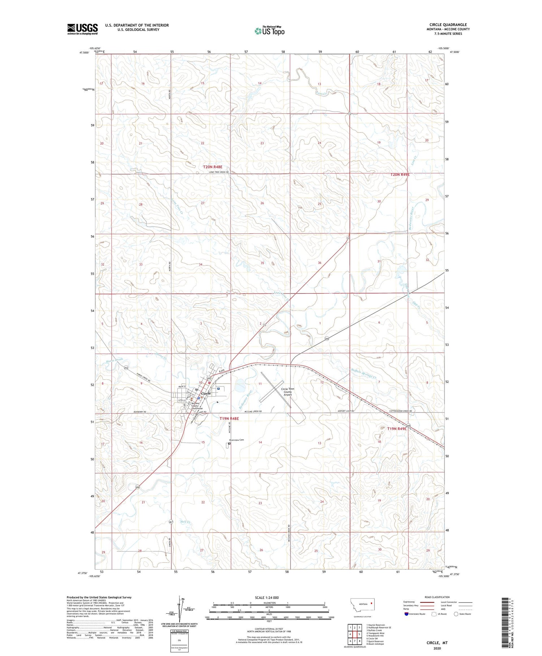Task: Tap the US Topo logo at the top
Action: [269, 31]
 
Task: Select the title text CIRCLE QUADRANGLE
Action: [448, 25]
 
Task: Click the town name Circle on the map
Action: [206, 393]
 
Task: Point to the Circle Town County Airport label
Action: [288, 392]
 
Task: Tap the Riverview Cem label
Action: [237, 440]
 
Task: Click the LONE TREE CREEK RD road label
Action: [219, 172]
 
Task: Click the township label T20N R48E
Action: [212, 167]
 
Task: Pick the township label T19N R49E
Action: [397, 429]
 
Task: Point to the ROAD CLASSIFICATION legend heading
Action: [436, 597]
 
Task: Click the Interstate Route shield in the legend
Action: [406, 614]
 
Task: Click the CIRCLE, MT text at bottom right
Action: [437, 643]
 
